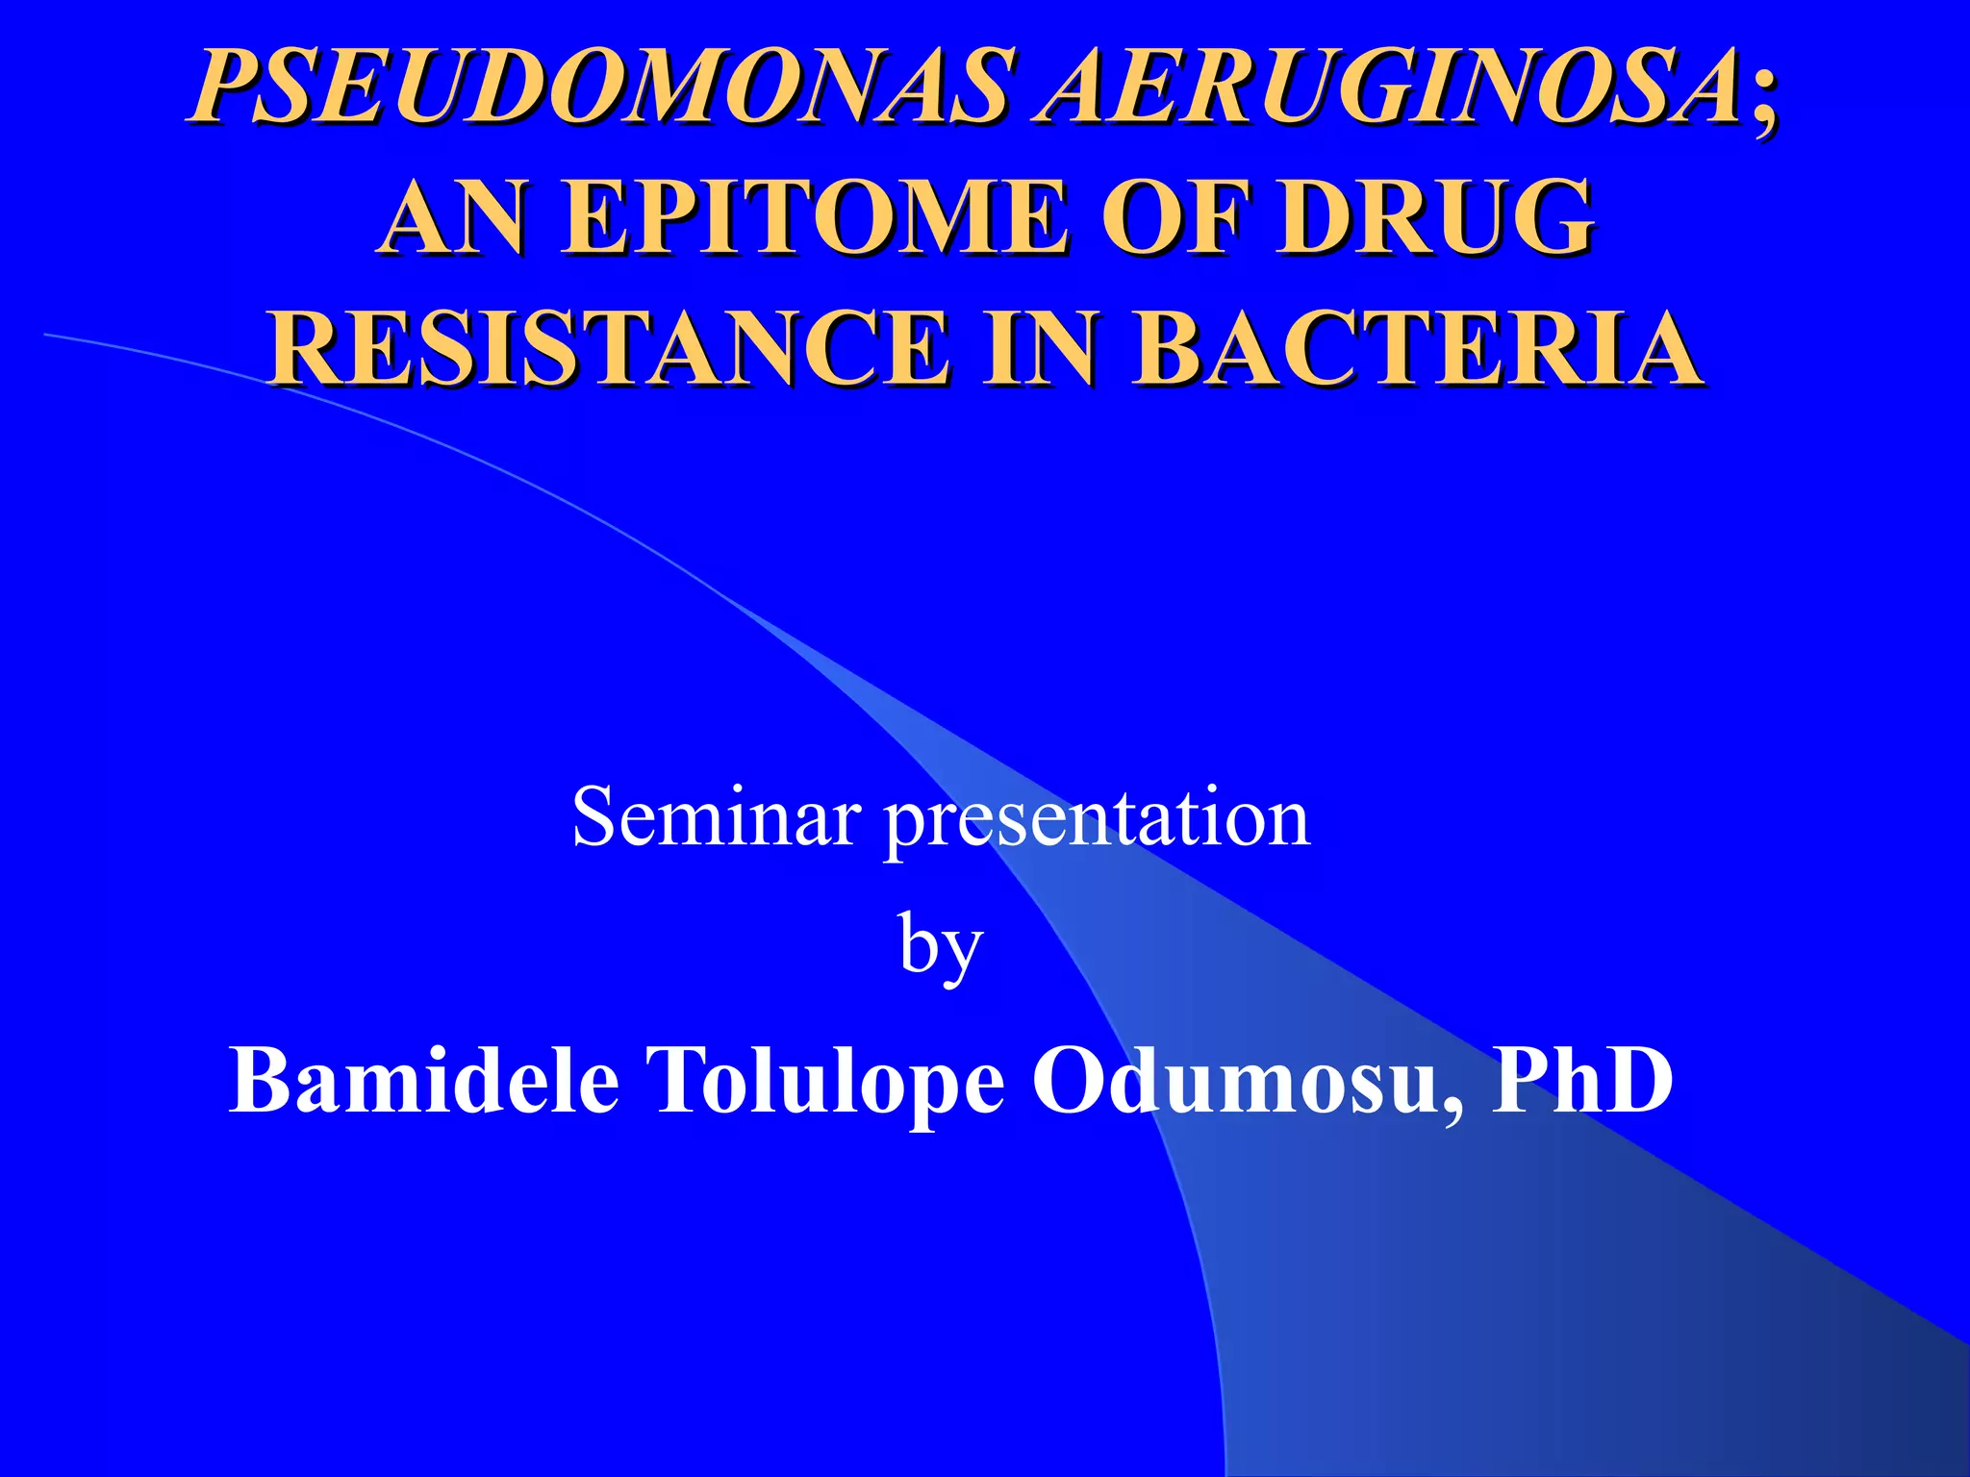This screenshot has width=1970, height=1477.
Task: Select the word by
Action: click(941, 947)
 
